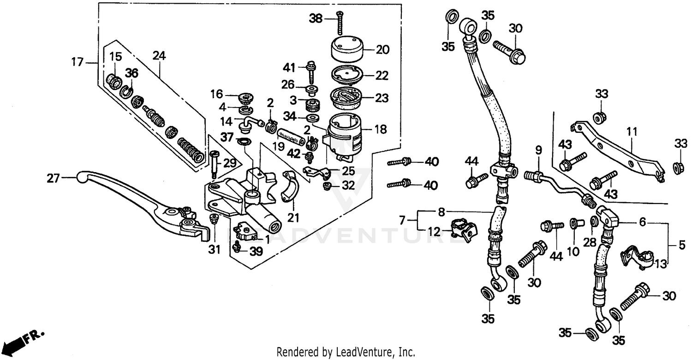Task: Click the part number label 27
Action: click(x=53, y=178)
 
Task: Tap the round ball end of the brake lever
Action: click(x=82, y=177)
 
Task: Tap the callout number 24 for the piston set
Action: click(x=159, y=56)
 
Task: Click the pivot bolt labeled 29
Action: click(x=214, y=162)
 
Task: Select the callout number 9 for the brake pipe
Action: click(x=538, y=150)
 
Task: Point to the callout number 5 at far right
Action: click(x=682, y=246)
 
